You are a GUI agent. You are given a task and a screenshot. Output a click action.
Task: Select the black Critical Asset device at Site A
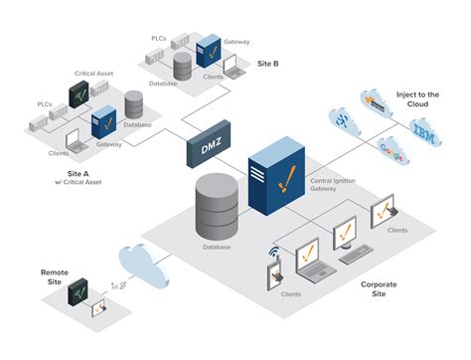click(x=78, y=94)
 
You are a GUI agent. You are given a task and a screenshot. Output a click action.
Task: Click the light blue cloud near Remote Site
click(x=138, y=263)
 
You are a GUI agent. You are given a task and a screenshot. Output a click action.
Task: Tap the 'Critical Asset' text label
click(x=94, y=73)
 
